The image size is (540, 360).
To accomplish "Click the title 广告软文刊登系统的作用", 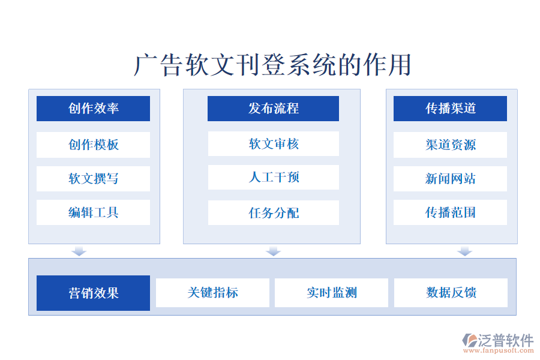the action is pyautogui.click(x=272, y=65).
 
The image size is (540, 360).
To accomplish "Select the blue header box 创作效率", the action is pyautogui.click(x=94, y=109).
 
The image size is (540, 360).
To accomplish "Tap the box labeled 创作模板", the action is pyautogui.click(x=94, y=145).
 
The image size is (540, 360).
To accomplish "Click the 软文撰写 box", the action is pyautogui.click(x=94, y=179).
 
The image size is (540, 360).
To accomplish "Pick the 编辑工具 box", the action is pyautogui.click(x=94, y=212).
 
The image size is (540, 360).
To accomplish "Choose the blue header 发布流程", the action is pyautogui.click(x=273, y=109).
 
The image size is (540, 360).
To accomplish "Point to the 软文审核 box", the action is pyautogui.click(x=274, y=143).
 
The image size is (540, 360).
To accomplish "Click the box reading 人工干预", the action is pyautogui.click(x=274, y=178).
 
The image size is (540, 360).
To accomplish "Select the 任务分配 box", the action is pyautogui.click(x=274, y=212).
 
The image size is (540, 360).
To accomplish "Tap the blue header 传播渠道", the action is pyautogui.click(x=450, y=109).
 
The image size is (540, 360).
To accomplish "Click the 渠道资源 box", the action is pyautogui.click(x=450, y=145).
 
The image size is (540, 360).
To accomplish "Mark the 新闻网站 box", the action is pyautogui.click(x=450, y=179).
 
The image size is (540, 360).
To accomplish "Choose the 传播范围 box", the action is pyautogui.click(x=450, y=212).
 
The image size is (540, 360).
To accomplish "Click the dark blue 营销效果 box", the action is pyautogui.click(x=94, y=293).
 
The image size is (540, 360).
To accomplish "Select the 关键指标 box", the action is pyautogui.click(x=212, y=293).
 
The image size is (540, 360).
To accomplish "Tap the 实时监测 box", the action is pyautogui.click(x=331, y=293).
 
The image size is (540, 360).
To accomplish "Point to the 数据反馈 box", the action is pyautogui.click(x=451, y=293).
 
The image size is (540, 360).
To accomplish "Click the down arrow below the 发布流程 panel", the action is pyautogui.click(x=274, y=251).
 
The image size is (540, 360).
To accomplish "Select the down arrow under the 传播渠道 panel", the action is pyautogui.click(x=464, y=251).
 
